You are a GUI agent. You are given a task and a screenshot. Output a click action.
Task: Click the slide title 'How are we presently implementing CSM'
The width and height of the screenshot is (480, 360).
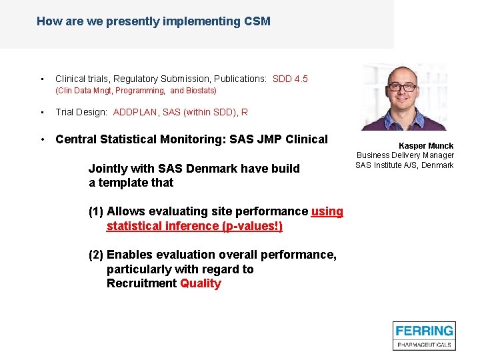click(x=153, y=21)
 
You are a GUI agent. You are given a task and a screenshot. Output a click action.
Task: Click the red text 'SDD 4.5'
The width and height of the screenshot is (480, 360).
click(x=290, y=79)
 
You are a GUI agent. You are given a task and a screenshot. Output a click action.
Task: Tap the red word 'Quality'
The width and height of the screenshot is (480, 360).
click(x=200, y=283)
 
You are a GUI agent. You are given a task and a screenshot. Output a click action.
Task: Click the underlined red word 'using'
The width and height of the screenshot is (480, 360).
click(x=327, y=211)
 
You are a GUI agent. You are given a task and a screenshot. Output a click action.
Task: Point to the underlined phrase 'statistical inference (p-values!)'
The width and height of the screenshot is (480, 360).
click(x=194, y=226)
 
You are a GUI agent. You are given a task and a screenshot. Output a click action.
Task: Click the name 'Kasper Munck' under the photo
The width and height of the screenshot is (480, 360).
click(x=426, y=145)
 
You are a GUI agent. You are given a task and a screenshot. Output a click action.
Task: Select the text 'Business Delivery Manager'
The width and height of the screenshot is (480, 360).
click(x=405, y=155)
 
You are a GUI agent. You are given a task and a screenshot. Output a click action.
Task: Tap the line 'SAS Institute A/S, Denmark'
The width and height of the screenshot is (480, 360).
click(x=404, y=165)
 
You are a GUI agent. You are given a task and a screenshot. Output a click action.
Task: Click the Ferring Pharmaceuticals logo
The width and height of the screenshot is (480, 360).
click(x=424, y=335)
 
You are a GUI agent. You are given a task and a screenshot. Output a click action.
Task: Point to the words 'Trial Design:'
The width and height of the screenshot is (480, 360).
click(x=81, y=112)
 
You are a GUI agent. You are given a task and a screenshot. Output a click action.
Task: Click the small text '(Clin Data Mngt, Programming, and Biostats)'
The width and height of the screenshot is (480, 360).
click(x=135, y=91)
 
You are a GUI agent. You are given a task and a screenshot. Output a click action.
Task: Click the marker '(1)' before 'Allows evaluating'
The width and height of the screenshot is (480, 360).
click(x=96, y=211)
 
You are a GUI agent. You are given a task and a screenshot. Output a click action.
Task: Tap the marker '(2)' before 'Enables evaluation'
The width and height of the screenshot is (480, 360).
click(x=96, y=255)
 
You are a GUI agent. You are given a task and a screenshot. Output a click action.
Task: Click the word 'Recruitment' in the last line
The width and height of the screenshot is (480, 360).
click(x=141, y=283)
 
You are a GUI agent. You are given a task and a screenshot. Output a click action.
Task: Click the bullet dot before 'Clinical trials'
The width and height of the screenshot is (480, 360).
click(x=42, y=79)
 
